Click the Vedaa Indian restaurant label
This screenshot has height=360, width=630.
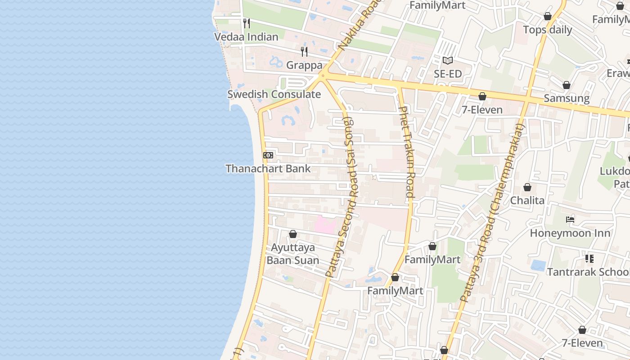pyautogui.click(x=246, y=37)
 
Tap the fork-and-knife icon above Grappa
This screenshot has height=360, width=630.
pyautogui.click(x=304, y=52)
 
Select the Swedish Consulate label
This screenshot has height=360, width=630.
pyautogui.click(x=274, y=94)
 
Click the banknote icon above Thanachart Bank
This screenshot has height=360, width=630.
pyautogui.click(x=268, y=155)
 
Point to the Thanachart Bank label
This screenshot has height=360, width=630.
pyautogui.click(x=268, y=169)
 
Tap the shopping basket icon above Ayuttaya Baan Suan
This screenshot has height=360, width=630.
pyautogui.click(x=293, y=234)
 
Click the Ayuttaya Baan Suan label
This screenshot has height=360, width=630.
pyautogui.click(x=293, y=254)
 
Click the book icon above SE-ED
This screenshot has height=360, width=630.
pyautogui.click(x=447, y=61)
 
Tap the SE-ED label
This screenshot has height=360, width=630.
pyautogui.click(x=447, y=74)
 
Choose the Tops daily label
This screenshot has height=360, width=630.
pyautogui.click(x=547, y=30)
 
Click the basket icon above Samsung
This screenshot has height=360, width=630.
pyautogui.click(x=567, y=85)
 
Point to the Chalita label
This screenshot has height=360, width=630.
pyautogui.click(x=527, y=200)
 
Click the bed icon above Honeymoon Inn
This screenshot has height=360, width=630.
pyautogui.click(x=570, y=220)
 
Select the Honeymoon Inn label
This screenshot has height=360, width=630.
pyautogui.click(x=570, y=233)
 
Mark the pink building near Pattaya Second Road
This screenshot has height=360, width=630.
pyautogui.click(x=325, y=225)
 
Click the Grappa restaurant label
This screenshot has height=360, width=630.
pyautogui.click(x=304, y=65)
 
